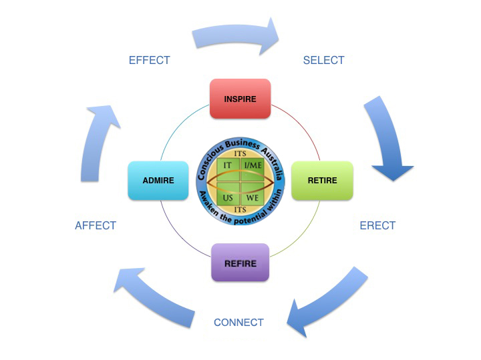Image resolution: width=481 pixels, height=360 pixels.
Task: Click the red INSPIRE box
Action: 240,99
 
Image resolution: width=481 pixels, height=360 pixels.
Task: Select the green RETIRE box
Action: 322,180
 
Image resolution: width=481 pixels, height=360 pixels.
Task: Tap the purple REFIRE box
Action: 240,263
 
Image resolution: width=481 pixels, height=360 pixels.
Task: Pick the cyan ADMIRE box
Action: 158,180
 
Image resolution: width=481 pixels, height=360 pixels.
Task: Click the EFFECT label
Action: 149,60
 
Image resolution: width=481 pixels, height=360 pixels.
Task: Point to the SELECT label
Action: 323,60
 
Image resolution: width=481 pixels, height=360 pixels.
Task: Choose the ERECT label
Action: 377,225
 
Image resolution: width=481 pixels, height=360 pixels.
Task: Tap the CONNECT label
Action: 238,323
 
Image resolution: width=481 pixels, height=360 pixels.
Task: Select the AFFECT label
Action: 96,225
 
